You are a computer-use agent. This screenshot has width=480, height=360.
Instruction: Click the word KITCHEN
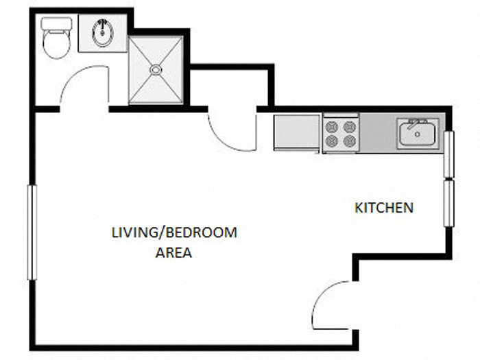coord(383,207)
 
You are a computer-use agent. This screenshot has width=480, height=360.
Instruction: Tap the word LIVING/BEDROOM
coord(174,232)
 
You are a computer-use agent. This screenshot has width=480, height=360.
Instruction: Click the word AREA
coord(173,252)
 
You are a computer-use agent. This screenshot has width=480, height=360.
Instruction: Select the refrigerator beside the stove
coord(297,132)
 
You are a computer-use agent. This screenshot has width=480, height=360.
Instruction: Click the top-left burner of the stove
coord(333,125)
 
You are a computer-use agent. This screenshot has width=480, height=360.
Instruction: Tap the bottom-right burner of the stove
coord(350,141)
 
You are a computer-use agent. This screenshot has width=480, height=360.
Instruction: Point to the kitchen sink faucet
coord(414,123)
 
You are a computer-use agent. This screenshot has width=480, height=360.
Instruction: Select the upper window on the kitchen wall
coord(448,154)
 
